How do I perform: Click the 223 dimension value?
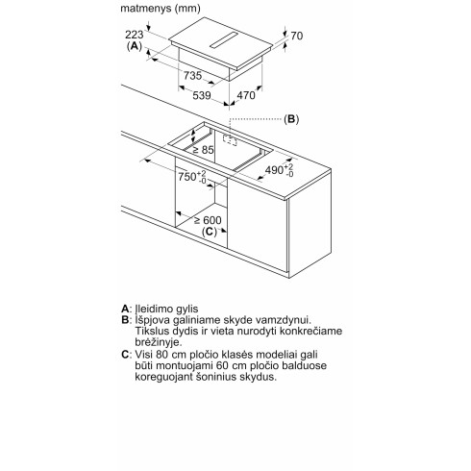135,35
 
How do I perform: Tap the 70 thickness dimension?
297,36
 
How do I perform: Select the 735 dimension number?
192,76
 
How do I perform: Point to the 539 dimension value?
202,95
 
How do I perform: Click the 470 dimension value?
246,95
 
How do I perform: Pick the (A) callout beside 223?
135,46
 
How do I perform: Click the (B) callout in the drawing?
291,119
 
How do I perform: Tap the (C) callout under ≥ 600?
210,232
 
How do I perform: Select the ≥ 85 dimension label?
203,150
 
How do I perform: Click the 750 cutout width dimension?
192,177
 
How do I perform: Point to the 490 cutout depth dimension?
279,170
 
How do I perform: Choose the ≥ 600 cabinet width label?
208,220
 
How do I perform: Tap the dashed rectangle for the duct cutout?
230,139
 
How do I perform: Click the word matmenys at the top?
146,9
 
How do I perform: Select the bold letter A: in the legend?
126,309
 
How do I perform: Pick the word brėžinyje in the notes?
159,342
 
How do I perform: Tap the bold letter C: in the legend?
127,355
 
